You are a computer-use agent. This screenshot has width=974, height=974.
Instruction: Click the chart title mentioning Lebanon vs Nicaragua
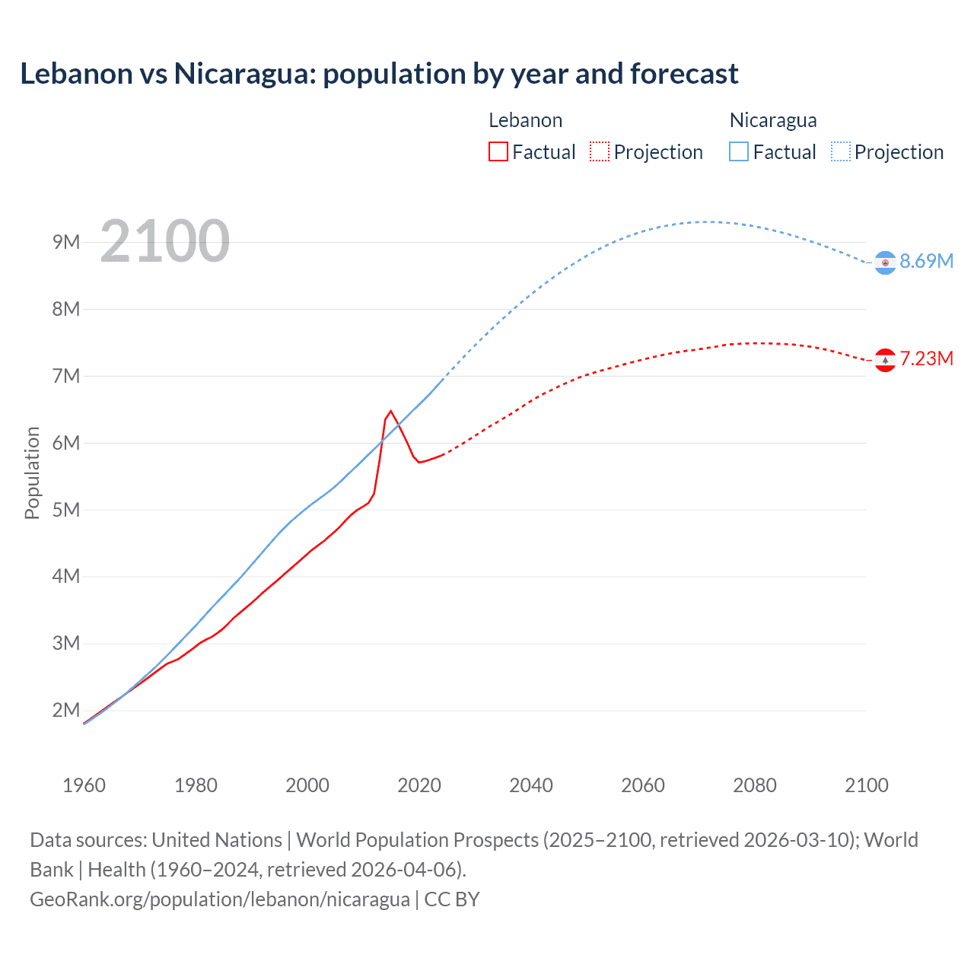click(x=379, y=74)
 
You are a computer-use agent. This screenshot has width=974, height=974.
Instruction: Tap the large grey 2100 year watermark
click(x=164, y=241)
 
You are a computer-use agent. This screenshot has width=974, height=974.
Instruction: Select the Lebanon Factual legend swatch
click(x=498, y=151)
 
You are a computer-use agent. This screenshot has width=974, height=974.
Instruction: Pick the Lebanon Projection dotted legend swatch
click(x=600, y=151)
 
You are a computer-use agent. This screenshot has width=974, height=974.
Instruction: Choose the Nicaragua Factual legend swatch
click(x=739, y=151)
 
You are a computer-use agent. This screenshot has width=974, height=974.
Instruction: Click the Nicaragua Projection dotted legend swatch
click(x=840, y=151)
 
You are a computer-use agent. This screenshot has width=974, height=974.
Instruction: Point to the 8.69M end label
click(x=926, y=261)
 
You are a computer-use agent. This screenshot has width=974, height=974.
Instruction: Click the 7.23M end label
click(x=926, y=358)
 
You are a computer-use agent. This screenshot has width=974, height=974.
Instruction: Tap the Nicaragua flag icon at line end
click(x=885, y=263)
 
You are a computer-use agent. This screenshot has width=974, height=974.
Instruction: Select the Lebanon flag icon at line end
click(x=885, y=360)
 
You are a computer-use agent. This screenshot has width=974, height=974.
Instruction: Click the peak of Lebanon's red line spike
click(x=391, y=411)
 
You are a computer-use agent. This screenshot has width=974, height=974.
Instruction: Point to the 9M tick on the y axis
click(x=66, y=242)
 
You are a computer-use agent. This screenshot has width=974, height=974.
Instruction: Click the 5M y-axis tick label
click(x=66, y=509)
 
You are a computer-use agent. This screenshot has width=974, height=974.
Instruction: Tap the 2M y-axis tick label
click(x=66, y=710)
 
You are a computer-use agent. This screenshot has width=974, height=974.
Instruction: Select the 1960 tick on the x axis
click(x=84, y=785)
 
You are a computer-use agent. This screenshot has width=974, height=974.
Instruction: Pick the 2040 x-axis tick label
click(x=531, y=785)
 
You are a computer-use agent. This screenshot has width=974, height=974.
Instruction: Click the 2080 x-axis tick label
click(x=755, y=785)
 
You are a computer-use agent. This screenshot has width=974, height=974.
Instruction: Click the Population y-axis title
click(x=32, y=473)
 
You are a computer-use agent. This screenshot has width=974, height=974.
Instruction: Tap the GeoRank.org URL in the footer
click(x=220, y=899)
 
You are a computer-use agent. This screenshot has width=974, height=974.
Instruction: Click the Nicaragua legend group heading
click(x=773, y=120)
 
